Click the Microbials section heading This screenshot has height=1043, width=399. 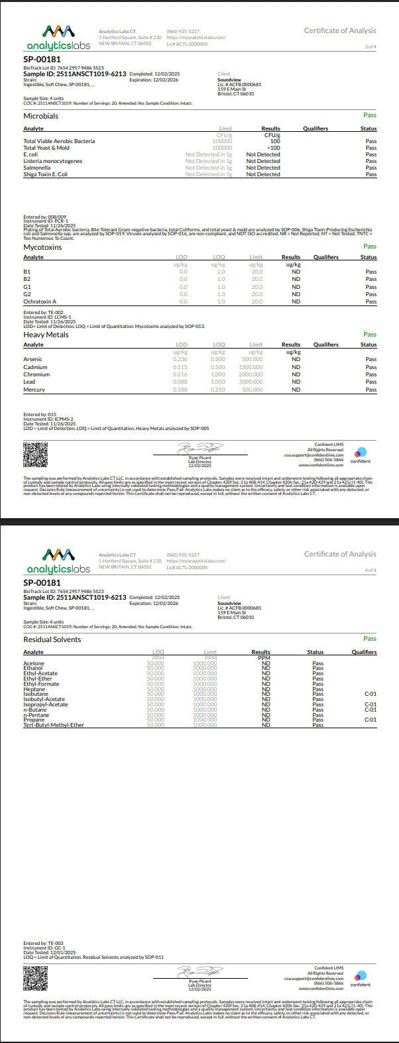tap(41, 116)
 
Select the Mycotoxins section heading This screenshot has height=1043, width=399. tap(42, 247)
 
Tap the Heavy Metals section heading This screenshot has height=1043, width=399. tap(46, 335)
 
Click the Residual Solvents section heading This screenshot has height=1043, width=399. tap(52, 639)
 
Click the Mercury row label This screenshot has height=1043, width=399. tap(34, 390)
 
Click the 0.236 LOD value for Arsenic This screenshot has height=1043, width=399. tap(180, 359)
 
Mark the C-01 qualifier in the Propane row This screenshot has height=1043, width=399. tap(370, 719)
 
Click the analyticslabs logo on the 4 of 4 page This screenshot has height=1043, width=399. tap(58, 563)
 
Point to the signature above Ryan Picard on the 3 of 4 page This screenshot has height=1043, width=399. tap(199, 449)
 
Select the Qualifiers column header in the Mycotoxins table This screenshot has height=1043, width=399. tap(325, 257)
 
